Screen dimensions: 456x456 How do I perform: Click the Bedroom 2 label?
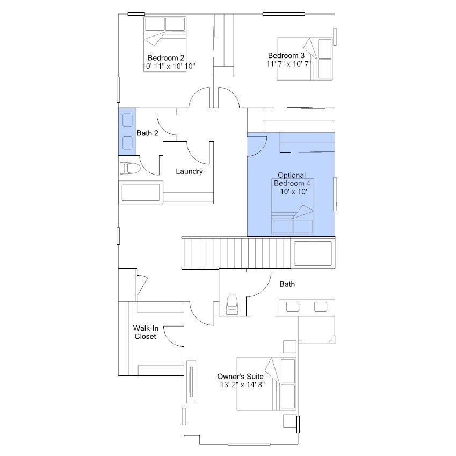166,58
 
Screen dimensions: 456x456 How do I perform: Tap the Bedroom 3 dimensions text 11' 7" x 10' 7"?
288,64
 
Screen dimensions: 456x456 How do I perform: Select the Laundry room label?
189,171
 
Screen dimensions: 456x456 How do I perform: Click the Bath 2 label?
148,133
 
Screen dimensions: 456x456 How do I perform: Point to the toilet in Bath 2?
130,168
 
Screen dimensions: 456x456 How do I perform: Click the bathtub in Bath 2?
141,192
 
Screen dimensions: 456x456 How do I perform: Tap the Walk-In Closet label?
146,332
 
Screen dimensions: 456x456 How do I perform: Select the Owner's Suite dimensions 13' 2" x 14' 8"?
242,385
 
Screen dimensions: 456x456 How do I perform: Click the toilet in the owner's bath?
232,304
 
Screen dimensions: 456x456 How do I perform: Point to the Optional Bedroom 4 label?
292,183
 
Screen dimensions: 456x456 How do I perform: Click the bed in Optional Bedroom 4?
293,206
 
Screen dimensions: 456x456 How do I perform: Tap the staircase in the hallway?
236,252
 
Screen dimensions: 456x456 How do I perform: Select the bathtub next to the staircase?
313,254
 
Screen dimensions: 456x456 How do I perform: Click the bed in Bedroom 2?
165,44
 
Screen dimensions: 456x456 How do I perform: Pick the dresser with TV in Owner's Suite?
191,382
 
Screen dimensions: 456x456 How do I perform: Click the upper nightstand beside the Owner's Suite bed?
289,346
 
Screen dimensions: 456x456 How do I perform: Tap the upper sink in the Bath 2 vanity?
127,120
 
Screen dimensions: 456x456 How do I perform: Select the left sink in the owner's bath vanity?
293,307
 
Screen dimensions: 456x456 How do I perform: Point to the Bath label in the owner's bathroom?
287,284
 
